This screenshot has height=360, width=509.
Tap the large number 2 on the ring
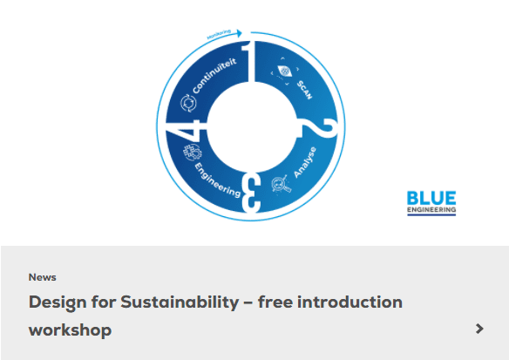click(x=319, y=128)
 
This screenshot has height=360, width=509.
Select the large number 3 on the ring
click(x=251, y=193)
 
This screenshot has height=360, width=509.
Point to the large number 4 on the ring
click(x=187, y=129)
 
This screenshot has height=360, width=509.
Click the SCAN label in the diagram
click(x=305, y=90)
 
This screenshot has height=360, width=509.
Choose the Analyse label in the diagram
click(x=305, y=162)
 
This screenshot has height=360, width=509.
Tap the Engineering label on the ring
click(x=218, y=180)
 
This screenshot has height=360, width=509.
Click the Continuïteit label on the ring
click(x=214, y=76)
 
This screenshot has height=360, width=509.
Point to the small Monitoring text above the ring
click(x=219, y=34)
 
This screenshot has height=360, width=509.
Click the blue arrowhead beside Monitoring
click(x=239, y=33)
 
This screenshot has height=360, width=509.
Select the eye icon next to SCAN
click(x=285, y=71)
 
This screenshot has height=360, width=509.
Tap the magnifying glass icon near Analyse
click(x=282, y=184)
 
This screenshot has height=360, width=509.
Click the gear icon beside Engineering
click(x=192, y=153)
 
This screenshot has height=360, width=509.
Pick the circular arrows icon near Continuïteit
click(x=188, y=103)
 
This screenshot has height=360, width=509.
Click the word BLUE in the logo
click(x=431, y=198)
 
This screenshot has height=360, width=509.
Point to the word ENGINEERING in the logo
click(x=431, y=210)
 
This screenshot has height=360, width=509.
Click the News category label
click(x=42, y=277)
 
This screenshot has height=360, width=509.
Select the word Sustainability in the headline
click(x=180, y=302)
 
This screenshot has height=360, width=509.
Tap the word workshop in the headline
click(x=70, y=330)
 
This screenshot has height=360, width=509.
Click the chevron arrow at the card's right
click(x=479, y=329)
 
